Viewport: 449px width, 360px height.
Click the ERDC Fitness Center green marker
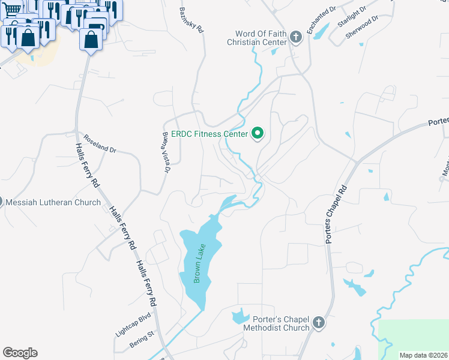pos(258,133)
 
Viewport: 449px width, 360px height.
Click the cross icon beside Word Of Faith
pos(295,38)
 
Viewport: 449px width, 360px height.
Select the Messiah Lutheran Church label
pos(53,202)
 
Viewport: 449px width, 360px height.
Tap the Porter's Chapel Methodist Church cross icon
pos(319,323)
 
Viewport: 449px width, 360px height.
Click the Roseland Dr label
pos(99,142)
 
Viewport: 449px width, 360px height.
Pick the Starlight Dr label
pos(351,16)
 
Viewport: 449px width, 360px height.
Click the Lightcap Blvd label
pos(133,325)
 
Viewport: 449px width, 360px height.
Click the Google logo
pos(20,353)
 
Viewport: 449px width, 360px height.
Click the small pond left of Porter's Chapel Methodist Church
pos(239,316)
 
